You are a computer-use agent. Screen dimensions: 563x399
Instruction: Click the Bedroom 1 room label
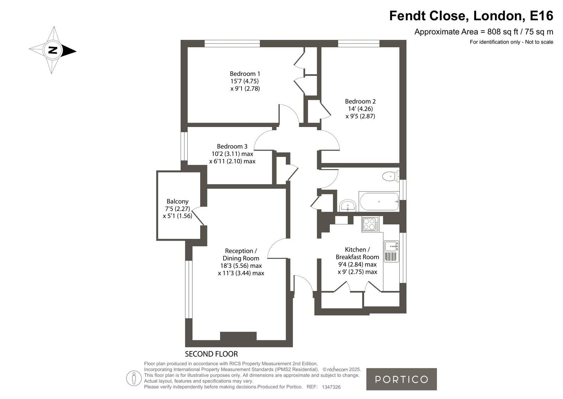coord(245,74)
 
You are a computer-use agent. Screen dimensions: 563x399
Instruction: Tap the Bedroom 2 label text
coord(360,102)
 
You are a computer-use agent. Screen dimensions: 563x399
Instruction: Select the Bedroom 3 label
coord(232,146)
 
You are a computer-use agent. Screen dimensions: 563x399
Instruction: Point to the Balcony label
coord(177,201)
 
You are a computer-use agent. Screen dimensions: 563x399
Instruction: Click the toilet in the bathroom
coord(391,176)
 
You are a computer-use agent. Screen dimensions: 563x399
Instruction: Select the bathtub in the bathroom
coord(379,201)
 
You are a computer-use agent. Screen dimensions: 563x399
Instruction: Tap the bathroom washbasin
coord(348,206)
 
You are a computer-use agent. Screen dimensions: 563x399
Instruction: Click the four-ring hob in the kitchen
coord(370,224)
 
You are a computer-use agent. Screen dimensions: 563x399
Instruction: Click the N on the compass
coord(53,50)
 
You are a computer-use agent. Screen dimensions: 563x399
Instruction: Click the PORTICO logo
coord(401,379)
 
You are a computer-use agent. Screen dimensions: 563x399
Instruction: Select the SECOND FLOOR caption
coord(211,354)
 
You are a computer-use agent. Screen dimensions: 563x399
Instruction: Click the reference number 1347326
coord(331,387)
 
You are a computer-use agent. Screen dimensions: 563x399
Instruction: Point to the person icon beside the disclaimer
coord(134,378)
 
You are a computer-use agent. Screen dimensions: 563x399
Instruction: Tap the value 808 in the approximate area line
coord(493,32)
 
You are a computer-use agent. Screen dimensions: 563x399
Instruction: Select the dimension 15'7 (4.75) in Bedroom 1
coord(245,81)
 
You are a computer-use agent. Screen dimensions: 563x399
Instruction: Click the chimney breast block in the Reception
coord(238,336)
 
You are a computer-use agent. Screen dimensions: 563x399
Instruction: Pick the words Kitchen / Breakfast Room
coord(357,253)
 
